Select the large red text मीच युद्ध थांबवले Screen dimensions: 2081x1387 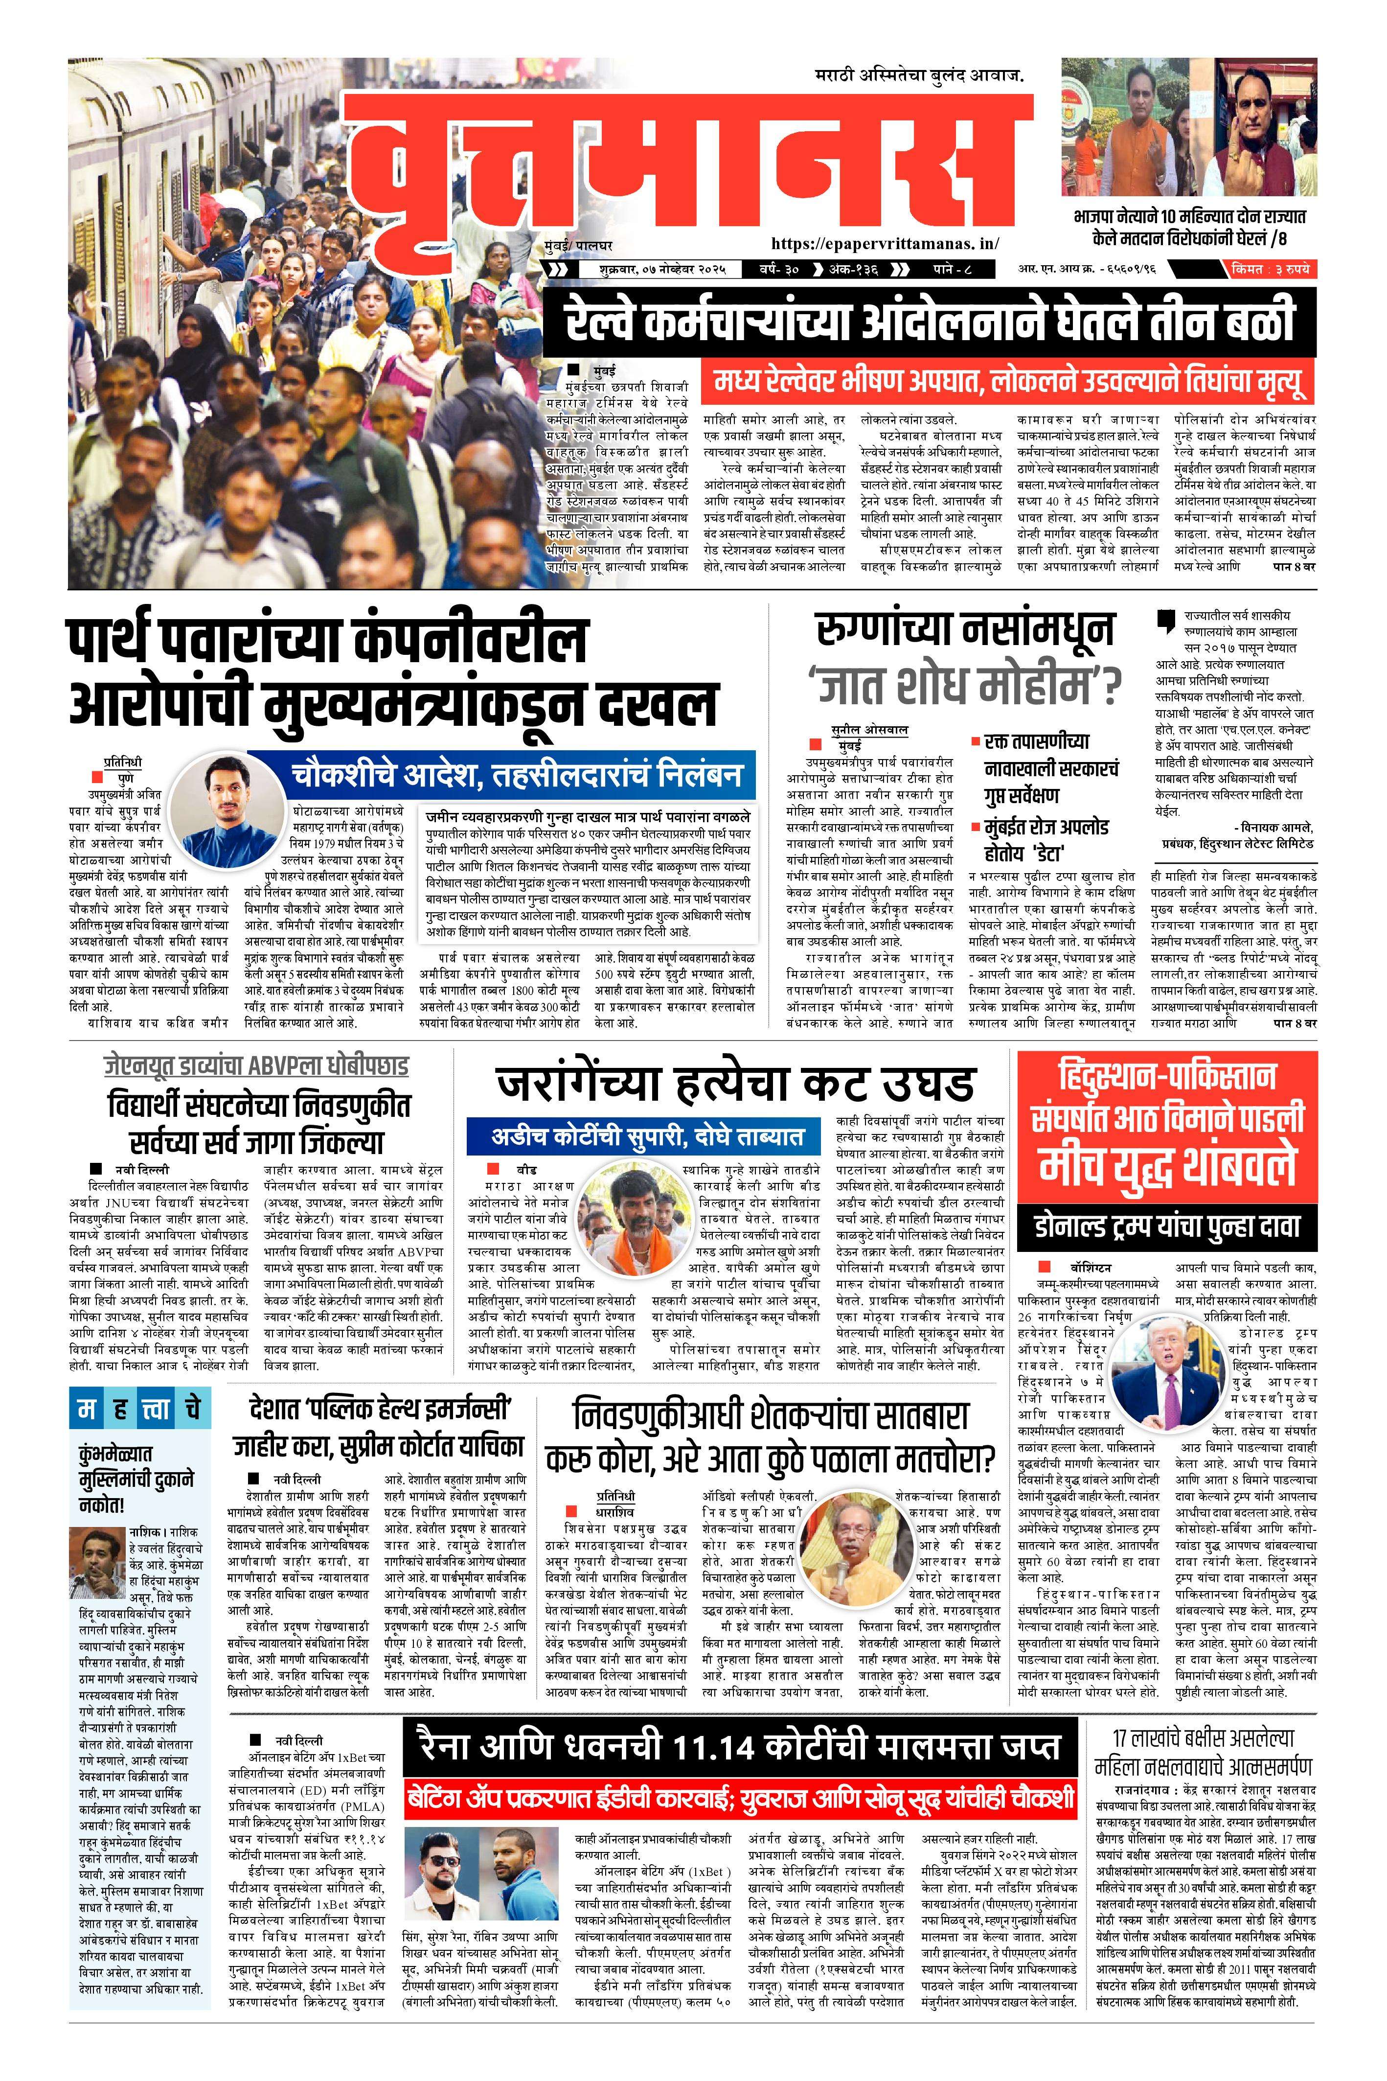pyautogui.click(x=1168, y=1166)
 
